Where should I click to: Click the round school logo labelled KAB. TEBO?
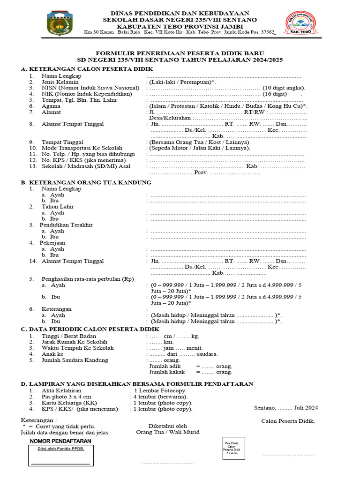300,23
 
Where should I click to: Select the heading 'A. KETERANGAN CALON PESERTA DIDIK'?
80,69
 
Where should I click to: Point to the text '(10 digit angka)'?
284,88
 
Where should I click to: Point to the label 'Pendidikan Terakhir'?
66,225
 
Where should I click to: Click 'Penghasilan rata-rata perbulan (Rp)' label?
88,279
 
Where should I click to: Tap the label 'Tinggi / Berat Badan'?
69,336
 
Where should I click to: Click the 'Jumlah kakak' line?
190,372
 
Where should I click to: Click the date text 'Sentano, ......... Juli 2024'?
286,407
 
